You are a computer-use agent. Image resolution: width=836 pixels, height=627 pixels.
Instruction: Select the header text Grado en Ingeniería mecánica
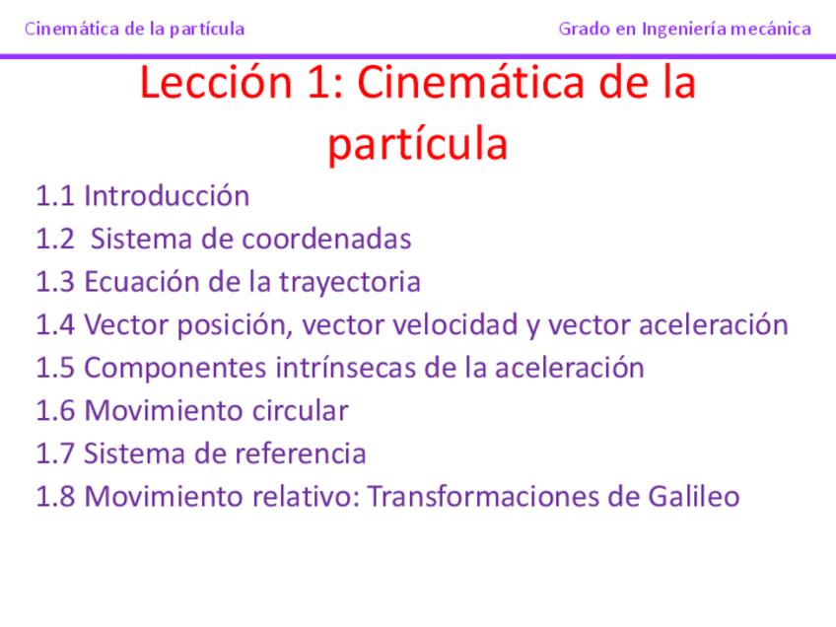(684, 29)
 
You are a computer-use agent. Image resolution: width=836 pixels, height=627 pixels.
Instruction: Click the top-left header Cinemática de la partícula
(134, 29)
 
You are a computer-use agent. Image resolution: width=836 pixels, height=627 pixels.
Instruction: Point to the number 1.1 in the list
(55, 196)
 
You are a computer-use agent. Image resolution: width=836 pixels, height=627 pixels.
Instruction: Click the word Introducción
(167, 196)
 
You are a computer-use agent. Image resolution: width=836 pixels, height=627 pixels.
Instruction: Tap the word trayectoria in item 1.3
(349, 283)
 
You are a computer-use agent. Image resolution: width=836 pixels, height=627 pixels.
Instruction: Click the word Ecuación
(142, 283)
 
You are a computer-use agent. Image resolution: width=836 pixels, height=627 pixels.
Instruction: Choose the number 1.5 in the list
(55, 369)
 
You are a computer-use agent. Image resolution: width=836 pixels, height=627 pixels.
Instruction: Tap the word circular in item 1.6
(303, 411)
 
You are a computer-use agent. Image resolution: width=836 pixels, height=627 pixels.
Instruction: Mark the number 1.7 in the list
(55, 454)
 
